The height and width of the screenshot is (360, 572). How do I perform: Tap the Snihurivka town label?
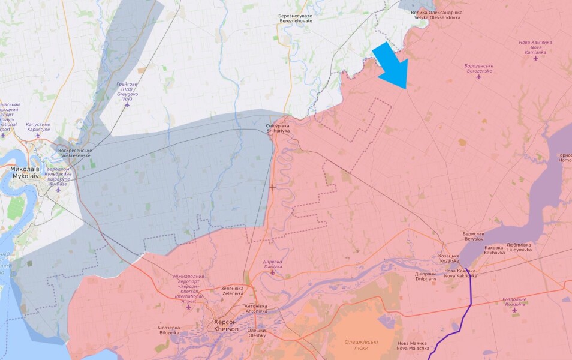pyautogui.click(x=278, y=128)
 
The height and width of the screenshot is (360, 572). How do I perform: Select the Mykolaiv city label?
pyautogui.click(x=25, y=173)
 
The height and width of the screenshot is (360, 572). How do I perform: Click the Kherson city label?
pyautogui.click(x=226, y=326)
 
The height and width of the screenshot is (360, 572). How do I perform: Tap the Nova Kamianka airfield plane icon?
pyautogui.click(x=535, y=58)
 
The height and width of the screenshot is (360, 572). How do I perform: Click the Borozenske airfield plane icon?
pyautogui.click(x=478, y=77)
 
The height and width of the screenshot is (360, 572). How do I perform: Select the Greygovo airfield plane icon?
pyautogui.click(x=127, y=104)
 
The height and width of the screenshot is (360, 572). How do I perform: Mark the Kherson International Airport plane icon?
pyautogui.click(x=189, y=307)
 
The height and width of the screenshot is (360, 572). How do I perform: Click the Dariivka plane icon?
pyautogui.click(x=272, y=272)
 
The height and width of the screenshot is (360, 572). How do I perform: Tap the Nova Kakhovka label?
pyautogui.click(x=460, y=274)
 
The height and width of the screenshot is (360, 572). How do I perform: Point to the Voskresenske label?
pyautogui.click(x=74, y=152)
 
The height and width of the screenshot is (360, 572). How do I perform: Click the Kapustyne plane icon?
pyautogui.click(x=38, y=135)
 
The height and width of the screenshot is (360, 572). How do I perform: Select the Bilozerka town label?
pyautogui.click(x=168, y=330)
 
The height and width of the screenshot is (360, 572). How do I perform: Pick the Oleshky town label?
pyautogui.click(x=257, y=332)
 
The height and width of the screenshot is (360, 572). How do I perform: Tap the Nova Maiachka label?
pyautogui.click(x=413, y=346)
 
